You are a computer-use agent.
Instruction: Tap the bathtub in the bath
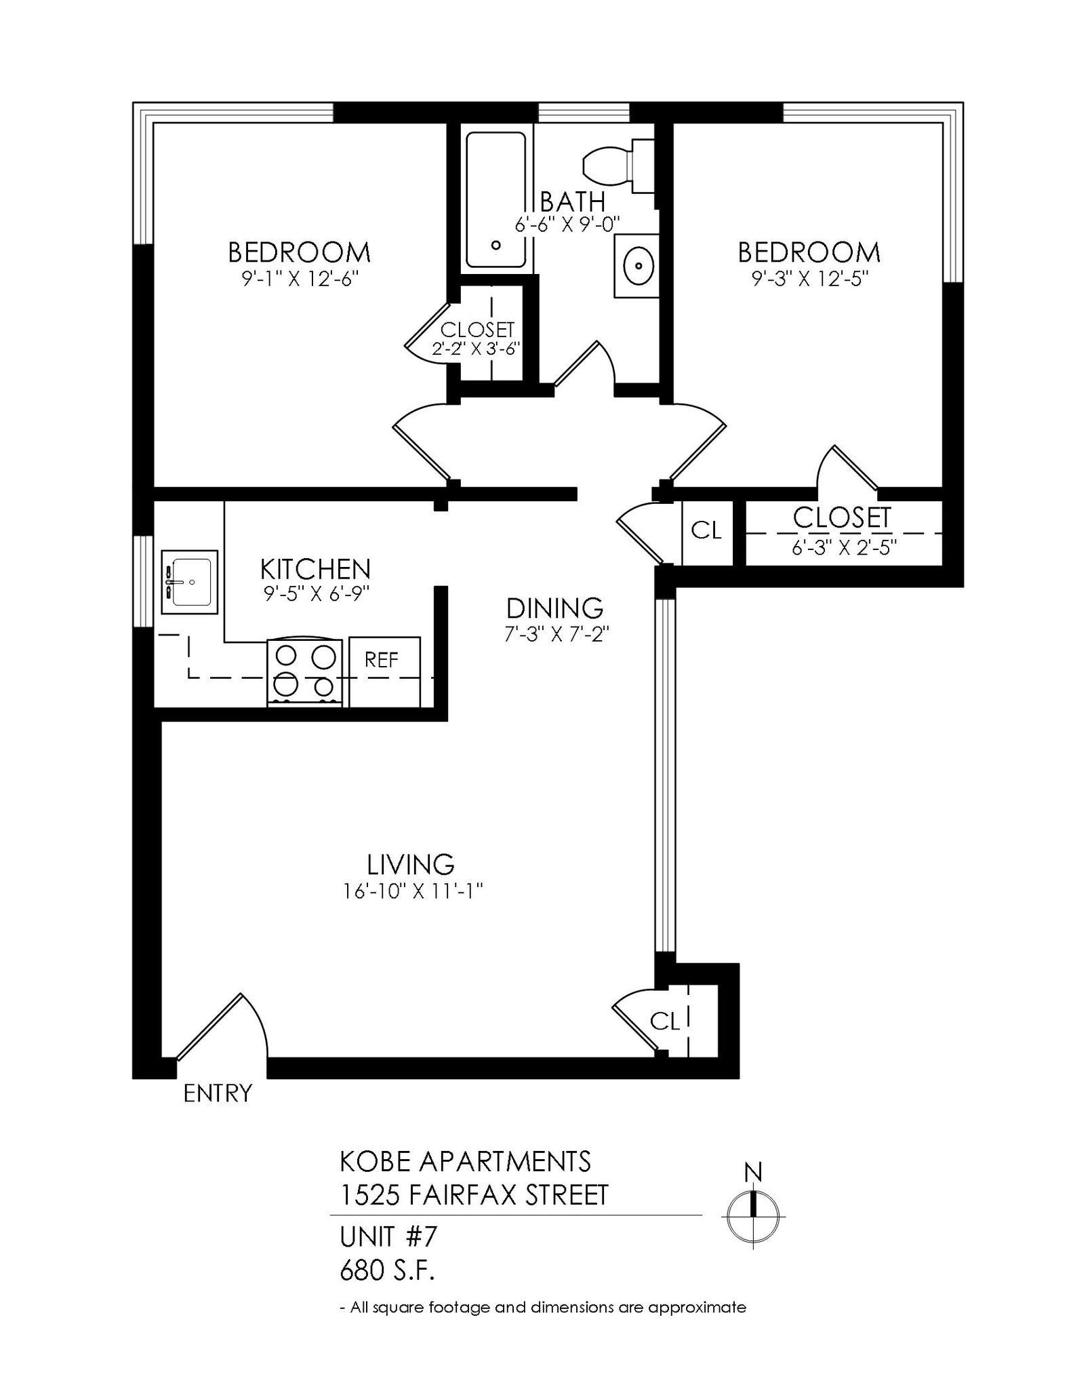(495, 200)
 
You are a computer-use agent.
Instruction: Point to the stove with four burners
(305, 672)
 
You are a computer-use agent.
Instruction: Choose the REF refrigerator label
(382, 660)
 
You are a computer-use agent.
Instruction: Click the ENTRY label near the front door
(218, 1093)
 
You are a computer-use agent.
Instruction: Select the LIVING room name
(411, 865)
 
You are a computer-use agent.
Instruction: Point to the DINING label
(554, 608)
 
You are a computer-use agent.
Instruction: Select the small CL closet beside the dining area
(706, 530)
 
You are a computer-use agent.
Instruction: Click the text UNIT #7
(388, 1237)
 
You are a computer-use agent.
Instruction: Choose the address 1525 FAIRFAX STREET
(474, 1195)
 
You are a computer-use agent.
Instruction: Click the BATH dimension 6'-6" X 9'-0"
(568, 224)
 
